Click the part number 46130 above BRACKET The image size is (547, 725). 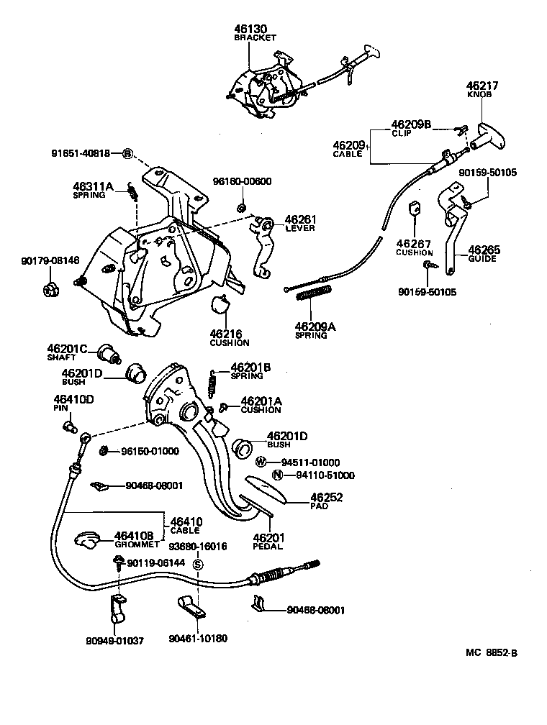coord(251,29)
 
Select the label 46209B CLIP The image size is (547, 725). coord(411,128)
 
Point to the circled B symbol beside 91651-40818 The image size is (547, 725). coord(127,152)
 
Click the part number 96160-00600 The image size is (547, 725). coord(242,181)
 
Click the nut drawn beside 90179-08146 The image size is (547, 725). coord(51,291)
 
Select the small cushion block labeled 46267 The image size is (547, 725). coord(415,209)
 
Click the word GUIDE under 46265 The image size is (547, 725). coord(482,259)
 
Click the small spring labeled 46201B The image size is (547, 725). coord(212,383)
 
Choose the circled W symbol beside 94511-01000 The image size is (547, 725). coord(263,462)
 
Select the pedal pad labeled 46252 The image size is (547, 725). coord(267,491)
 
